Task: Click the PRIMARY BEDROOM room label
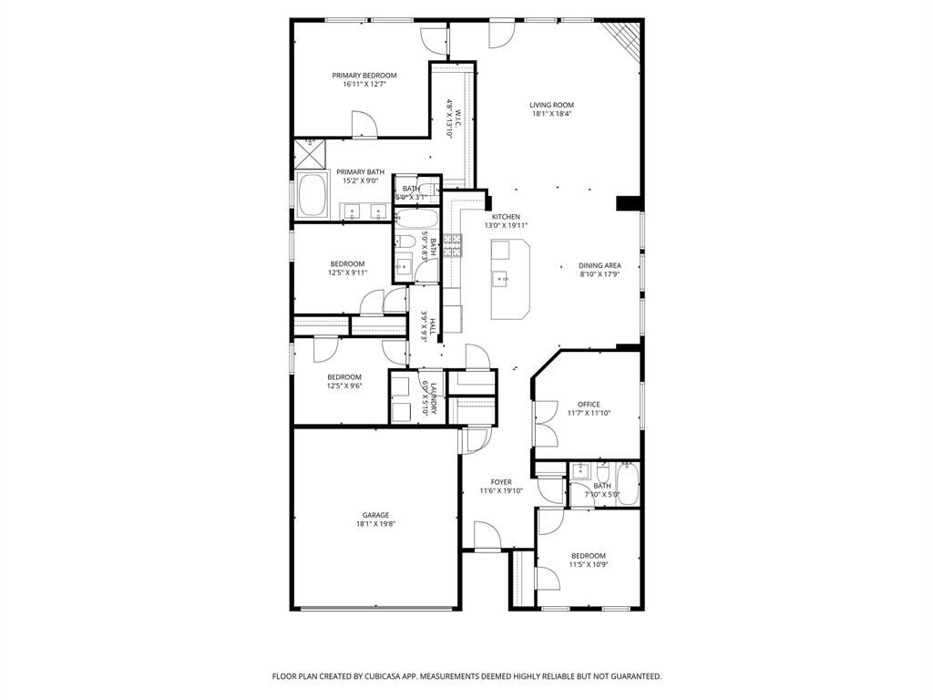pyautogui.click(x=364, y=76)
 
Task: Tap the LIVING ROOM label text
pyautogui.click(x=551, y=105)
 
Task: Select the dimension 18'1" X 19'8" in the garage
pyautogui.click(x=374, y=524)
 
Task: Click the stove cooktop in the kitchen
pyautogui.click(x=453, y=244)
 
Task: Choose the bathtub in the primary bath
pyautogui.click(x=314, y=195)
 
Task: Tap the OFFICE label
pyautogui.click(x=589, y=404)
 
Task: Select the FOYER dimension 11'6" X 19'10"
pyautogui.click(x=501, y=490)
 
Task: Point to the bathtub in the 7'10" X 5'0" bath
pyautogui.click(x=627, y=484)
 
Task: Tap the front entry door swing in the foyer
pyautogui.click(x=486, y=535)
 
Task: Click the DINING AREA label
pyautogui.click(x=600, y=265)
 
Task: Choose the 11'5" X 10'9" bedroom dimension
pyautogui.click(x=588, y=564)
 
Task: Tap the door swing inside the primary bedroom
pyautogui.click(x=363, y=125)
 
